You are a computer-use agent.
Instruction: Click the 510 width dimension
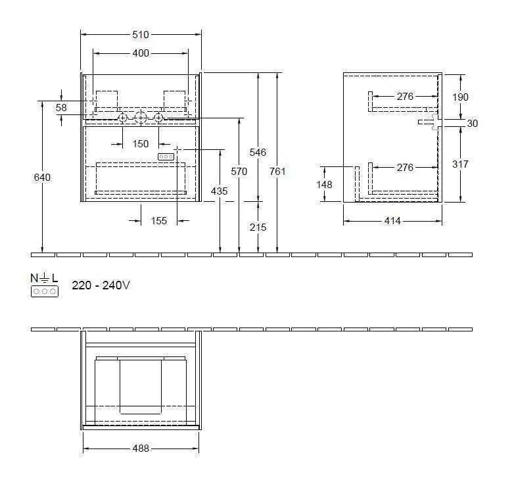coord(141,35)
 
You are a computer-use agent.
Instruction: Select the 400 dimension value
coord(141,53)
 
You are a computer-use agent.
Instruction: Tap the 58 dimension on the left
coord(61,107)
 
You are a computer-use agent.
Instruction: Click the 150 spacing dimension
coord(141,143)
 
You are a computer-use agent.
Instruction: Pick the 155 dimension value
coord(159,221)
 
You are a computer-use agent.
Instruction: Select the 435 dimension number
coord(220,191)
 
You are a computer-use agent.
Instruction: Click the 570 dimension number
coord(239,172)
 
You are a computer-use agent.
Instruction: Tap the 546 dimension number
coord(258,152)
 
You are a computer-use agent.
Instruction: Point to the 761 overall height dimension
coord(278,172)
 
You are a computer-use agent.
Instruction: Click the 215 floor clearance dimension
coord(258,227)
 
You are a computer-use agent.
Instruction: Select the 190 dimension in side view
coord(461,97)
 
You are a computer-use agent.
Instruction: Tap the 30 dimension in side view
coord(473,123)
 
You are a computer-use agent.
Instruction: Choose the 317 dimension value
coord(461,164)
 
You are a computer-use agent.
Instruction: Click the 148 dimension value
coord(324,185)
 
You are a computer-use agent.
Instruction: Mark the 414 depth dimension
coord(392,221)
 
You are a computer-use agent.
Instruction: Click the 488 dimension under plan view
coord(141,449)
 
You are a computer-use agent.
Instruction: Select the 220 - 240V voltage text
coord(101,285)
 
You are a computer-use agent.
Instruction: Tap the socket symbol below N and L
coord(44,290)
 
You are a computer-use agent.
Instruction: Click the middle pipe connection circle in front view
coord(140,118)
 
